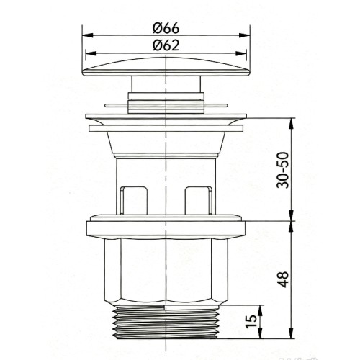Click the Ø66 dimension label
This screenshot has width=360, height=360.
point(166,28)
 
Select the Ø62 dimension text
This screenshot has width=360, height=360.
point(166,45)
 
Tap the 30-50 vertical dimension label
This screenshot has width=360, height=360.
point(282,170)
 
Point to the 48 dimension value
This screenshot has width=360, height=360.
point(283,279)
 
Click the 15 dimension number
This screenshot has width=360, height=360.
point(251,322)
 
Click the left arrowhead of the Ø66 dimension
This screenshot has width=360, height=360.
point(87,35)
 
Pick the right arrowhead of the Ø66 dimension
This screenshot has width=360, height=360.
point(245,35)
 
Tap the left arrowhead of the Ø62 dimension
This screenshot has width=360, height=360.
point(91,53)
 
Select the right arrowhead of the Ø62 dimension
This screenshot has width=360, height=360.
point(241,53)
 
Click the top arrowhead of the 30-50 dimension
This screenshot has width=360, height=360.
point(291,123)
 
